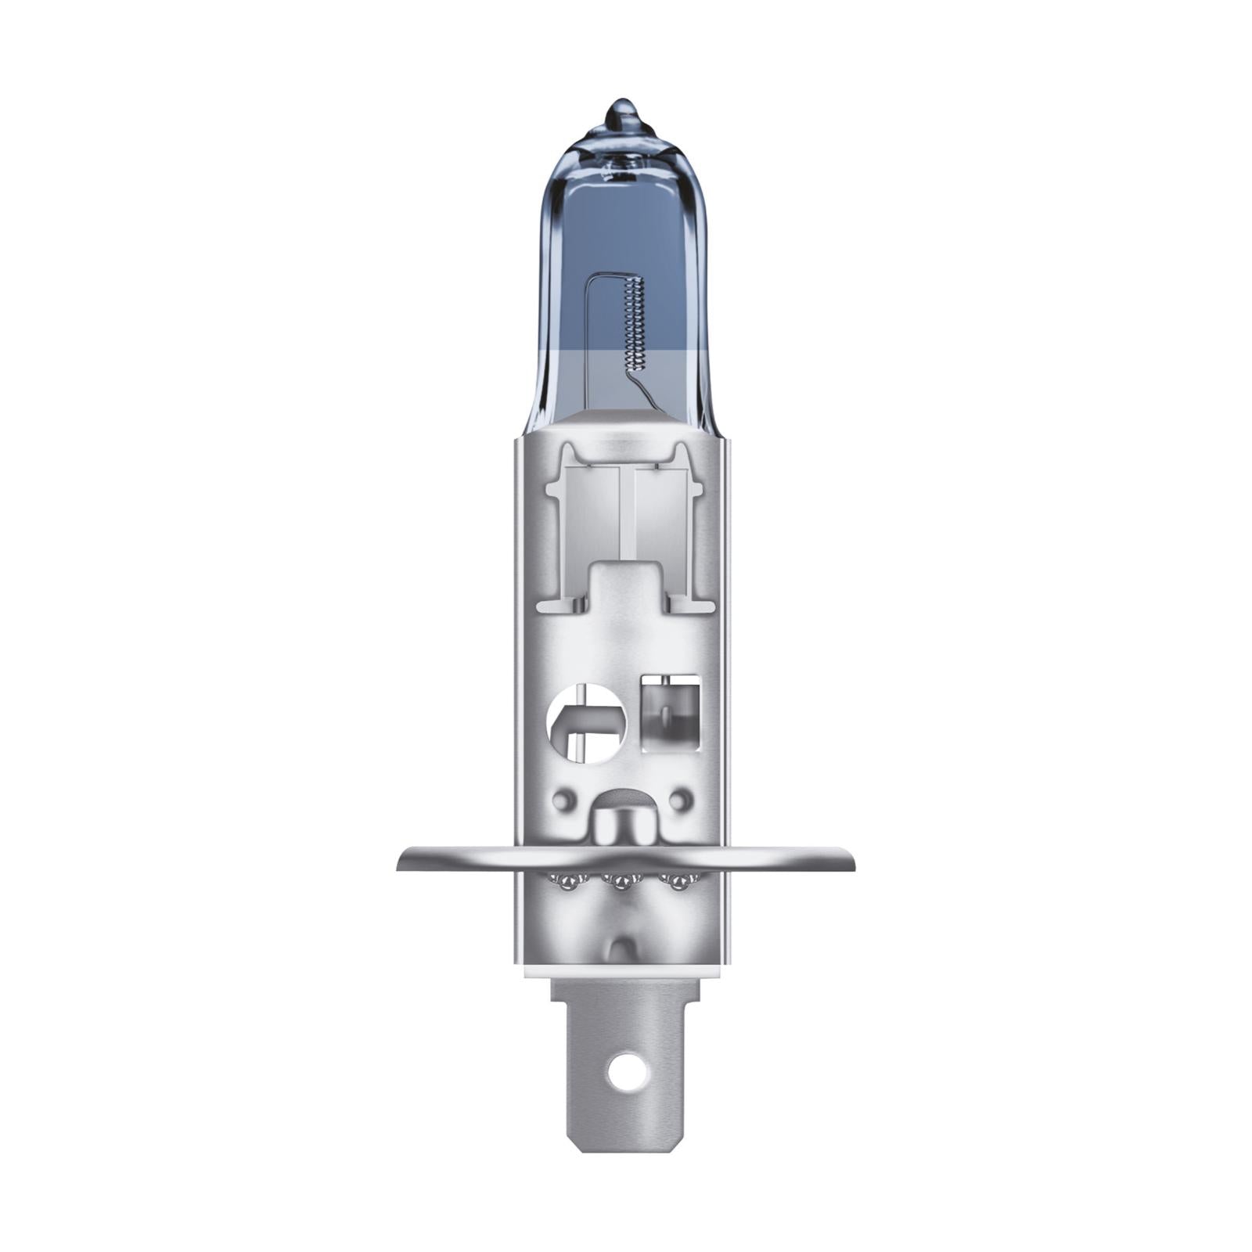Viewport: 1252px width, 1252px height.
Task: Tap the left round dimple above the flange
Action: click(562, 800)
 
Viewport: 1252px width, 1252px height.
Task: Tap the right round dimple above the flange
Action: click(681, 800)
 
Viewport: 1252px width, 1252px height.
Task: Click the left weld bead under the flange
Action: click(566, 883)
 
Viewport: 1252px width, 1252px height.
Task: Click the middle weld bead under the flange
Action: click(622, 883)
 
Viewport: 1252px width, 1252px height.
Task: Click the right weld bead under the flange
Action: click(678, 883)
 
